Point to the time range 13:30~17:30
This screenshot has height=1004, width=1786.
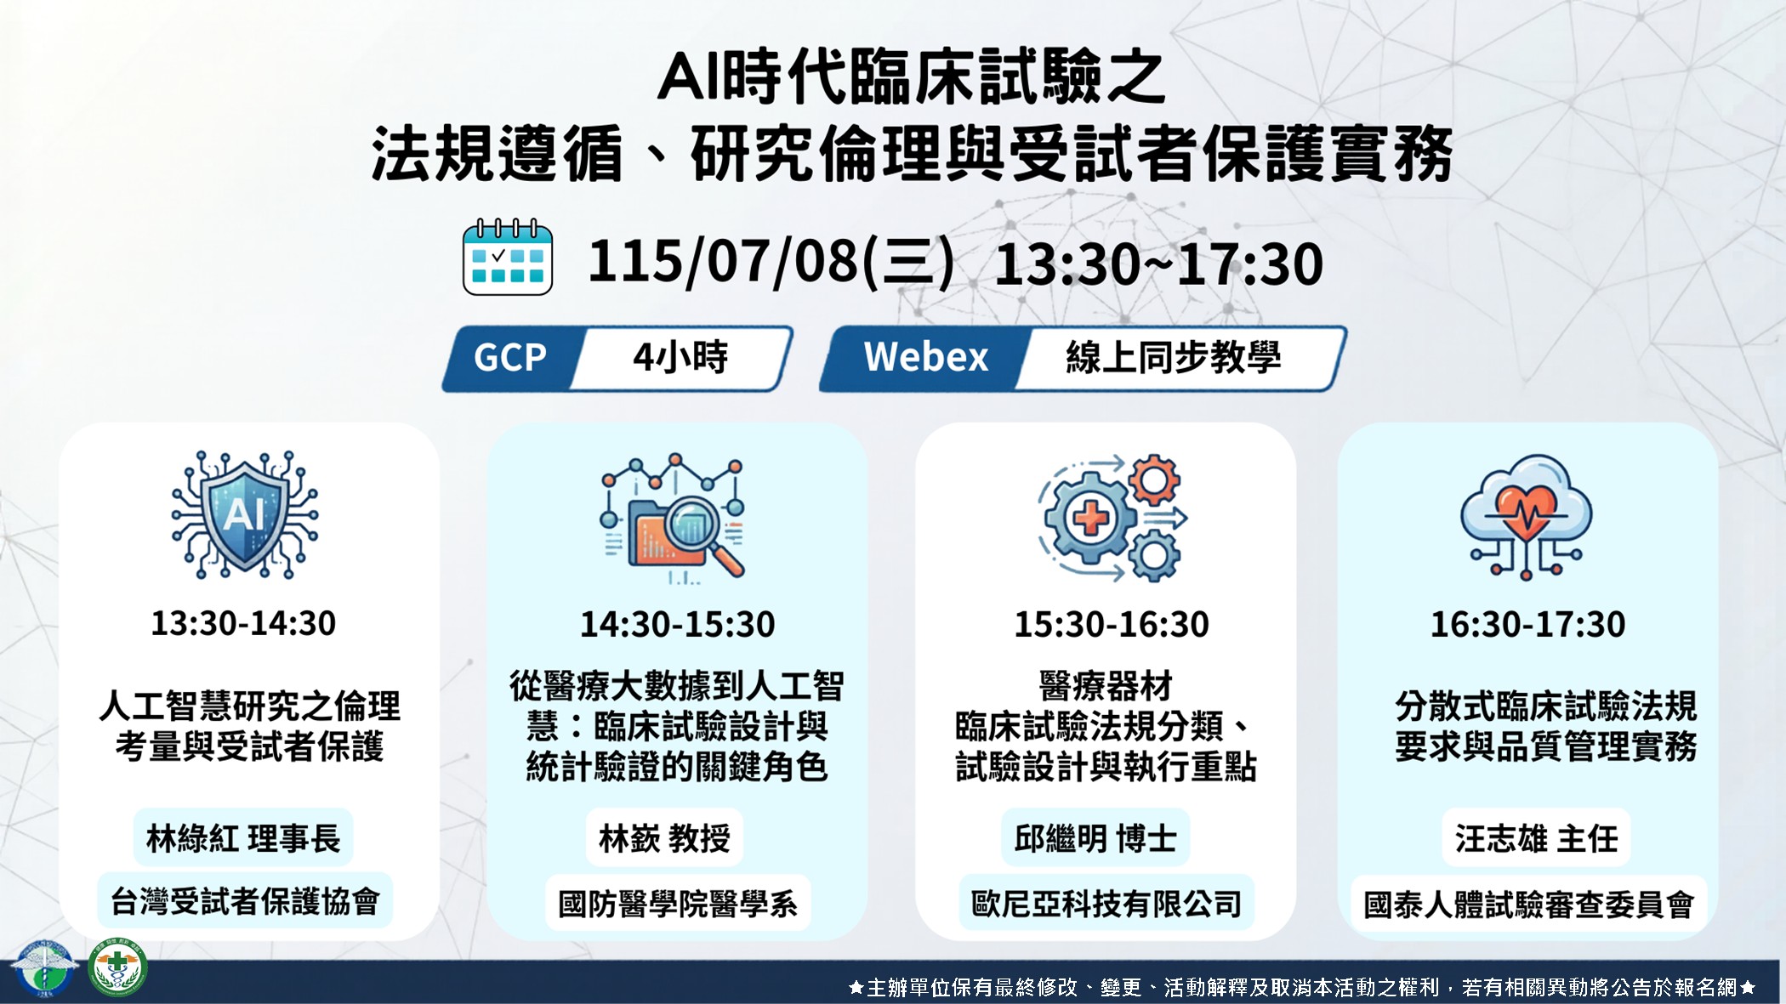tap(1158, 264)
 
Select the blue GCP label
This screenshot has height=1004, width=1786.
tap(510, 358)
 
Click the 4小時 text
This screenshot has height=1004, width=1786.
tap(680, 357)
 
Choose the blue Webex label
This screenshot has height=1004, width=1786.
tap(925, 357)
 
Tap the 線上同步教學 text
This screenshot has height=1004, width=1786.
tap(1173, 357)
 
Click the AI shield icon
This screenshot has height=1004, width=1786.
tap(245, 515)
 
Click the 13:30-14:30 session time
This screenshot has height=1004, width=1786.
tap(243, 624)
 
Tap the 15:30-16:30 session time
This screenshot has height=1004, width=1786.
tap(1112, 625)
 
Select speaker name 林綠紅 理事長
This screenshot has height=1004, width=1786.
tap(243, 838)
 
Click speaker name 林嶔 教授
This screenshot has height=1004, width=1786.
tap(665, 839)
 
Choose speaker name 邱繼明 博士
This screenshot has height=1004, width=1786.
tap(1095, 839)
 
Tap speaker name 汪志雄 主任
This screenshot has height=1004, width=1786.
tap(1536, 839)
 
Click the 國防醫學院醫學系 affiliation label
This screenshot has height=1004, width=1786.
tap(678, 904)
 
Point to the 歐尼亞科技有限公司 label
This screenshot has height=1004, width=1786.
tap(1106, 904)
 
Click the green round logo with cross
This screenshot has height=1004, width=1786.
tap(117, 967)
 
